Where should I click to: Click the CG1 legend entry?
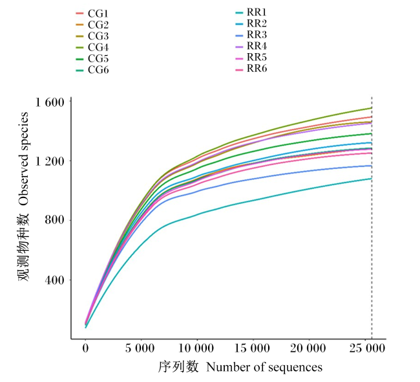(92, 14)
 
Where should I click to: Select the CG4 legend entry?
(92, 47)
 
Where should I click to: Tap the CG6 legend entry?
(92, 71)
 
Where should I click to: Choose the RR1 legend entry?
(251, 12)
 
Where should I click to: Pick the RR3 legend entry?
(251, 35)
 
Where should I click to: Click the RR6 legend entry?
(251, 69)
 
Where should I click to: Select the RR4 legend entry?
(251, 46)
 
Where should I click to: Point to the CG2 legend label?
(98, 25)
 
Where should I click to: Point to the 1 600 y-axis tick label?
(50, 102)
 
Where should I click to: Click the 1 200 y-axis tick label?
(50, 161)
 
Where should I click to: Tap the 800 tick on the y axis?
(55, 220)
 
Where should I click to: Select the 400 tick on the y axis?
(55, 280)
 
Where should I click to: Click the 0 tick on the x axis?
(85, 348)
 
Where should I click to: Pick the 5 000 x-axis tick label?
(140, 348)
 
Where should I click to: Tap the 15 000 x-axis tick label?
(252, 348)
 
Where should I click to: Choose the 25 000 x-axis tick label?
(367, 348)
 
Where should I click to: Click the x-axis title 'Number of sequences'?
(264, 367)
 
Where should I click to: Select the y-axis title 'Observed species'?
(24, 159)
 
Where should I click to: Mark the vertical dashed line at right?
(372, 218)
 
